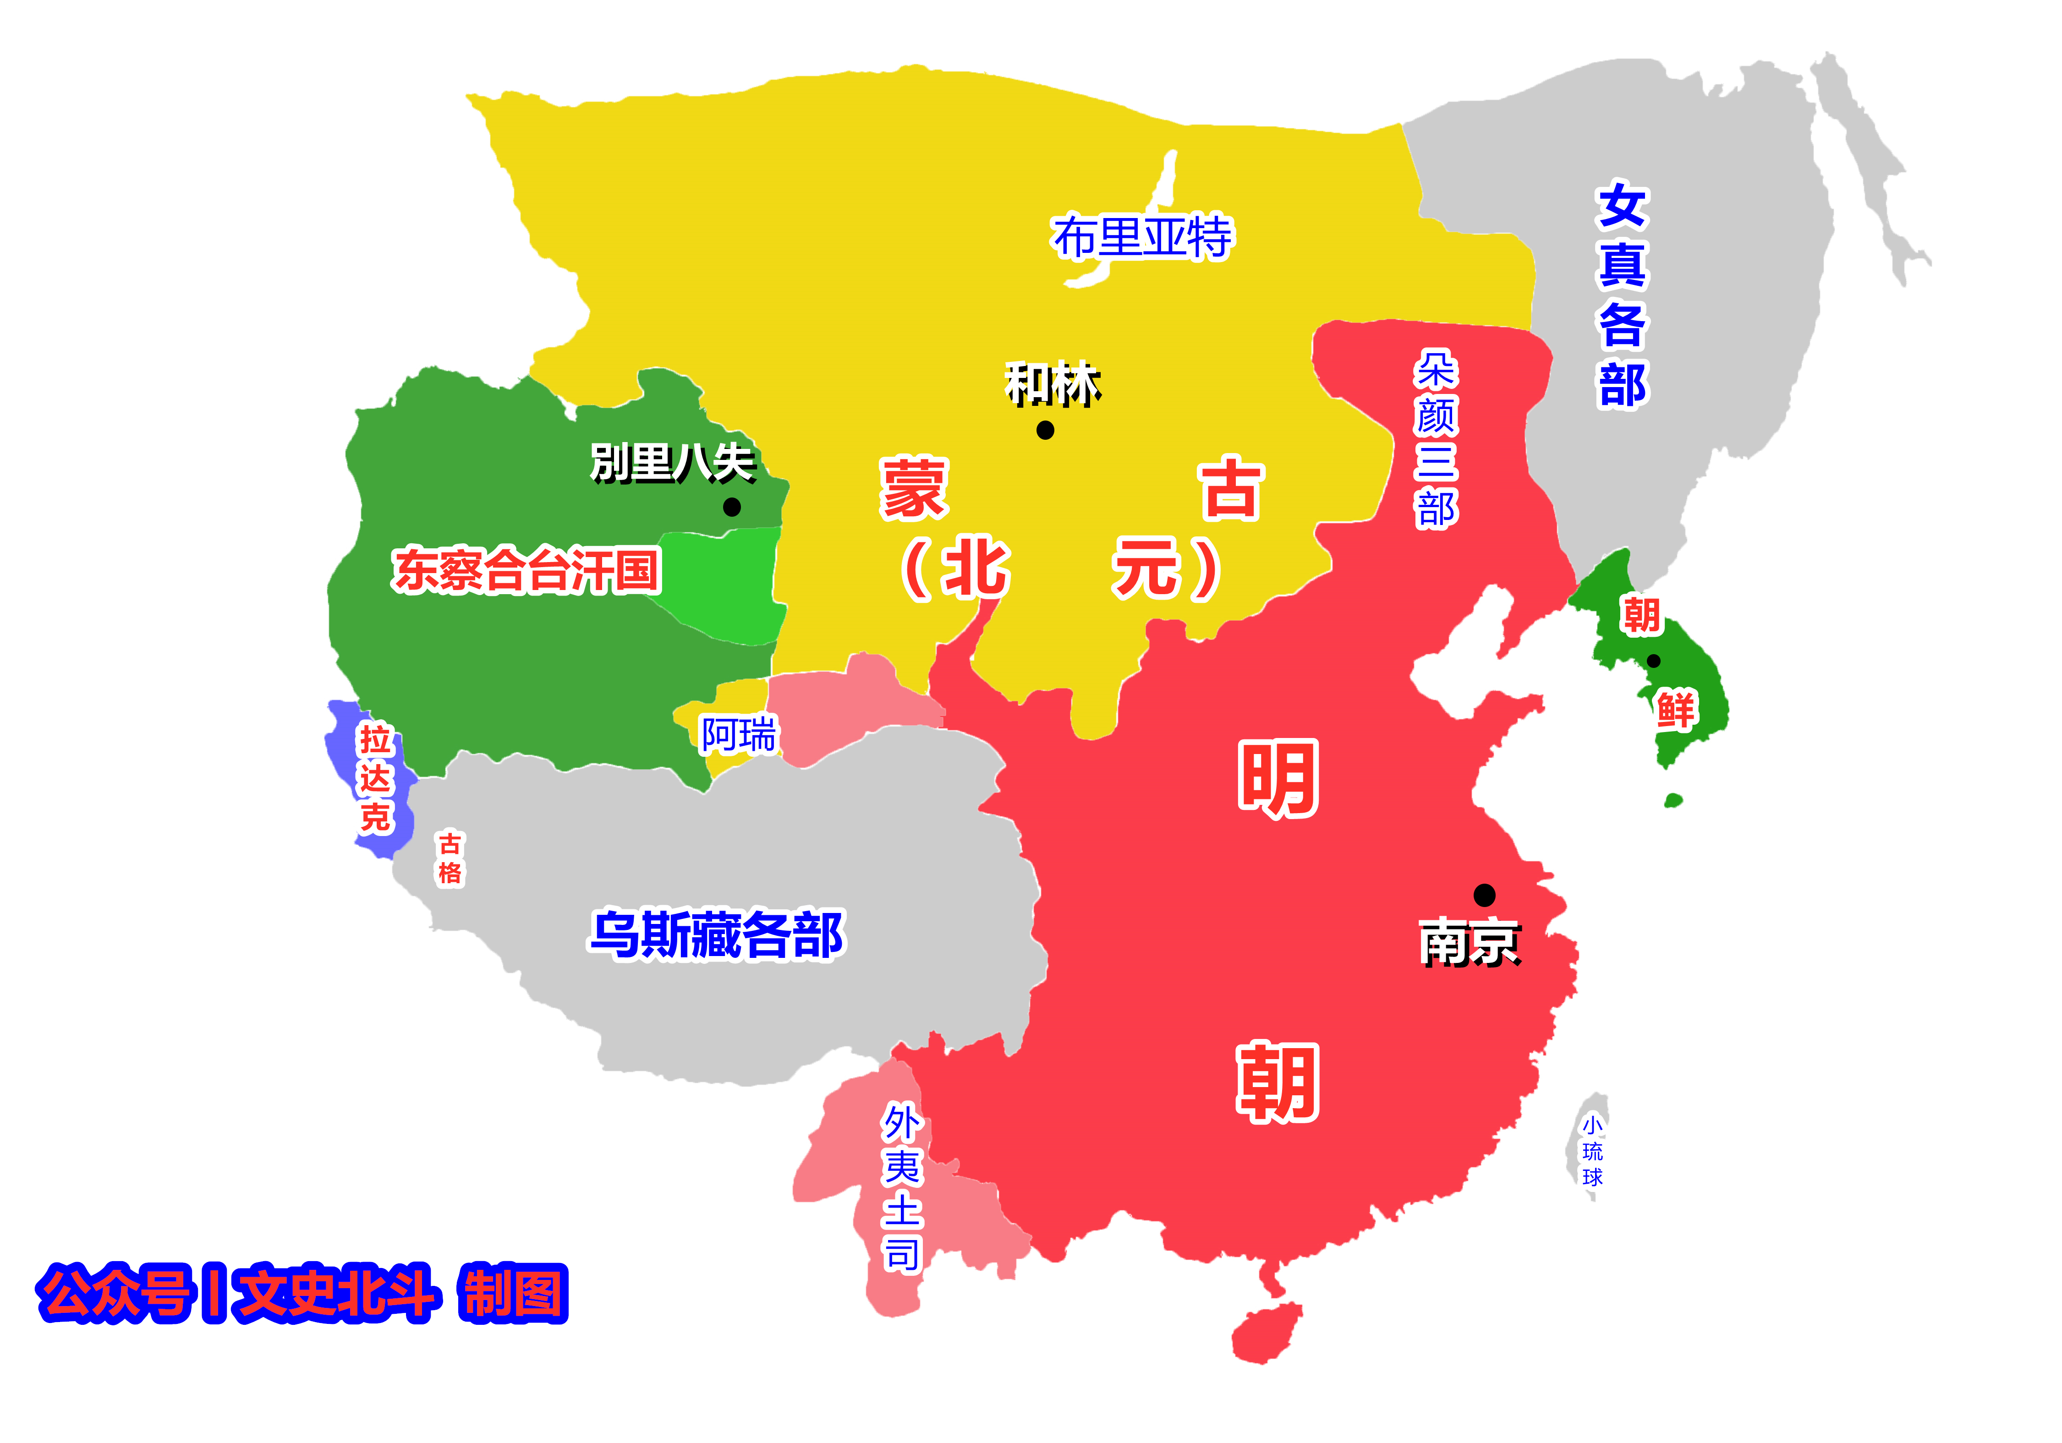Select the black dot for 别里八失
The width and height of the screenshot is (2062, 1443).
(732, 507)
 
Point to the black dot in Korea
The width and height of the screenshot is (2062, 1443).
(1653, 661)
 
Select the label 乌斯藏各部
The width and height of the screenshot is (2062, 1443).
(717, 935)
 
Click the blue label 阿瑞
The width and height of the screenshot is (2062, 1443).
(738, 734)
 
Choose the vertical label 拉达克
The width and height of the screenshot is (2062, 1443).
(375, 778)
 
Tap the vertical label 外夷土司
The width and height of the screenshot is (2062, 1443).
(903, 1187)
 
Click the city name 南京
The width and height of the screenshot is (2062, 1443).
(1469, 944)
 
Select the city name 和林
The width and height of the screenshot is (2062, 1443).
(1053, 384)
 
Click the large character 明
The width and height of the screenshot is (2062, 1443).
(1278, 778)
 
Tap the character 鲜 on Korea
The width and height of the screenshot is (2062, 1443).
(1676, 710)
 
